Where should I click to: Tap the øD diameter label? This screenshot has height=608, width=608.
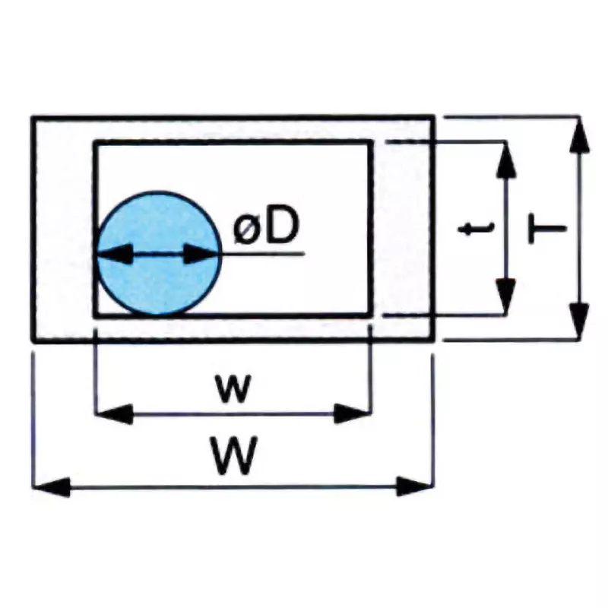tap(265, 228)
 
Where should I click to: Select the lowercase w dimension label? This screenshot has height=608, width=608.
tap(232, 388)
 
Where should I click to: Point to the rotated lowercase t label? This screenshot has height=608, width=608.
tap(478, 227)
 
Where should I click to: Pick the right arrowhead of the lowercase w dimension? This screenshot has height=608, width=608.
tap(351, 414)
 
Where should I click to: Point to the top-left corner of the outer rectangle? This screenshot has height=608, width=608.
tap(33, 117)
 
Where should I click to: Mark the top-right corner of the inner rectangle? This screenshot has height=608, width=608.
tap(372, 141)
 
